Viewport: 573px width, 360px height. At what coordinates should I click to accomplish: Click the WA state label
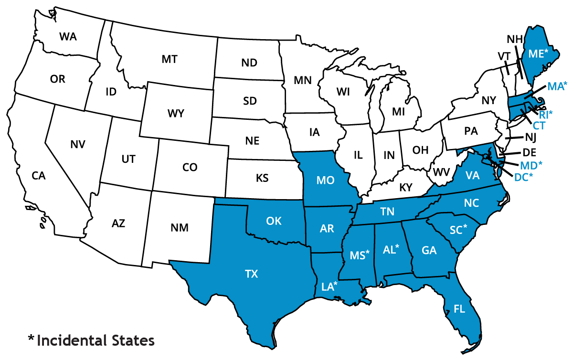click(x=68, y=36)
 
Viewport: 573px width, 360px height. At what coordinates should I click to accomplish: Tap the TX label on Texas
click(x=252, y=274)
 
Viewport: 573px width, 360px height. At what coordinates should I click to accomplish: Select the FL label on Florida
click(x=459, y=309)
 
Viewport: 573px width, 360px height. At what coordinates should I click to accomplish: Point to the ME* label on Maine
click(x=538, y=53)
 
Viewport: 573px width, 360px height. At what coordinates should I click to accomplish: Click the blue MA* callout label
click(x=557, y=86)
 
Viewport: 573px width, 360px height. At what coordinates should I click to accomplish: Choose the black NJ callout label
click(x=531, y=138)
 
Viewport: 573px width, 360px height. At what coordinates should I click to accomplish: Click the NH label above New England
click(x=515, y=39)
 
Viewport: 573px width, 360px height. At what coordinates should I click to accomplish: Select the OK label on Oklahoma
click(x=274, y=221)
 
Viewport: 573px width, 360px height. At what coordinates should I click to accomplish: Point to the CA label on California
click(x=39, y=176)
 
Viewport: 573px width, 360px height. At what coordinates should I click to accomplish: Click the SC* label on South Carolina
click(x=458, y=230)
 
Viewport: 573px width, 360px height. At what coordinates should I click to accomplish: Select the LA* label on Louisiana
click(x=329, y=287)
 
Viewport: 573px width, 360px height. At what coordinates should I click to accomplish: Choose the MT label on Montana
click(x=170, y=59)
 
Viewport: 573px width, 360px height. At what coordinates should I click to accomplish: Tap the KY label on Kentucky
click(x=405, y=188)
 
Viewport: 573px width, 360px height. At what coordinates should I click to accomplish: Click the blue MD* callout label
click(x=531, y=166)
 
